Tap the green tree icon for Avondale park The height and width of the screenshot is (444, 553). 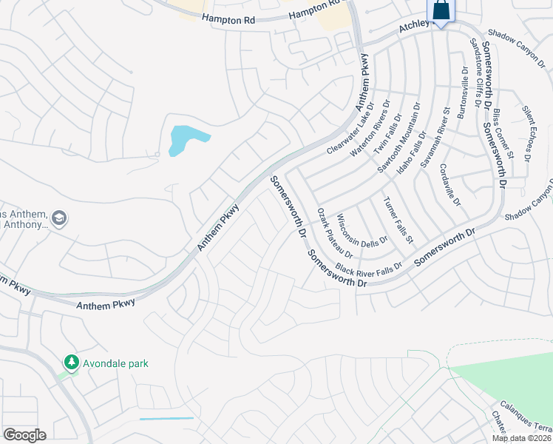tap(72, 363)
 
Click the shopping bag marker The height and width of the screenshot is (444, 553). tap(441, 11)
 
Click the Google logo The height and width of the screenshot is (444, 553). tap(24, 435)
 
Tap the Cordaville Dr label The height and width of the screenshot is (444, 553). tap(450, 185)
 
